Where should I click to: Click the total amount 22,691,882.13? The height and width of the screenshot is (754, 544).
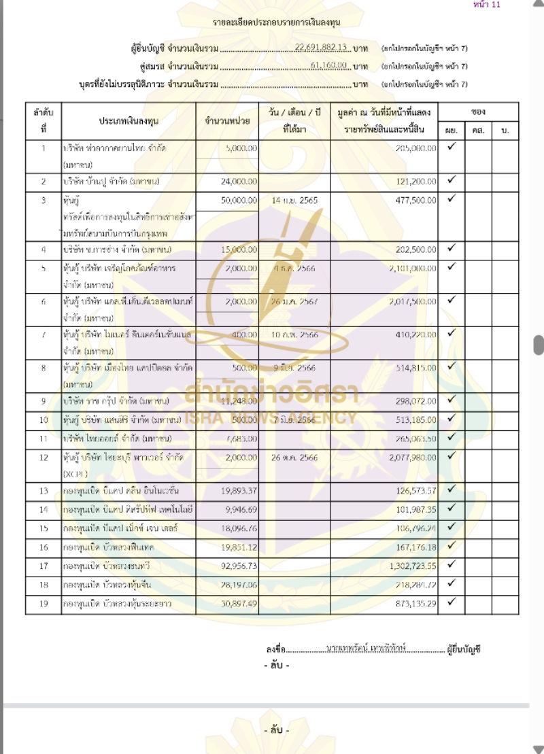pyautogui.click(x=322, y=48)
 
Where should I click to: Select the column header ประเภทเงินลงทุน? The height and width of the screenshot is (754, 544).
pyautogui.click(x=129, y=120)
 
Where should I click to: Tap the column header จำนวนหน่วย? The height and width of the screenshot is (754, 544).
pyautogui.click(x=227, y=120)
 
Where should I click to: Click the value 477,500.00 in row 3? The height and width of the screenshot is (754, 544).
pyautogui.click(x=415, y=201)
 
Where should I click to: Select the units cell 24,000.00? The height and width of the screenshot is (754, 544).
pyautogui.click(x=241, y=182)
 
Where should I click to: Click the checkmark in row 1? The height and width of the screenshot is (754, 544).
pyautogui.click(x=451, y=147)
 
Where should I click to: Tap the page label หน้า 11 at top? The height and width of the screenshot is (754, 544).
pyautogui.click(x=486, y=5)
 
